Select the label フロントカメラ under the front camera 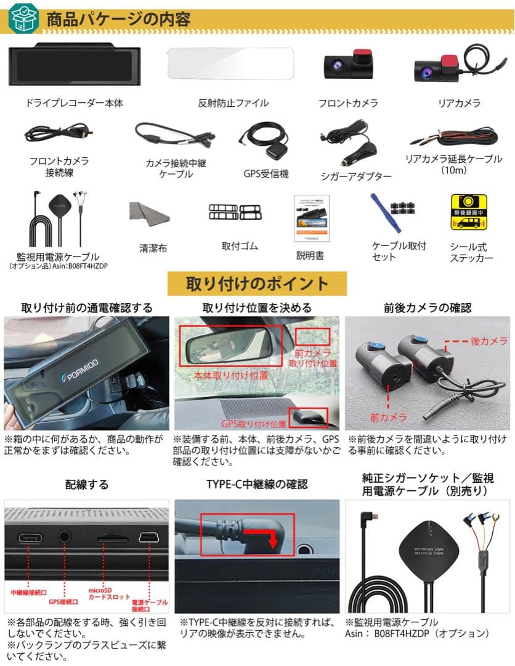(348, 104)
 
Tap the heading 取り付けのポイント (257, 284)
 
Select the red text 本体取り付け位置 (231, 374)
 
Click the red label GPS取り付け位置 (254, 424)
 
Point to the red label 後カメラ (489, 341)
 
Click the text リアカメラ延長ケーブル (453, 159)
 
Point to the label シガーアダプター (356, 176)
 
